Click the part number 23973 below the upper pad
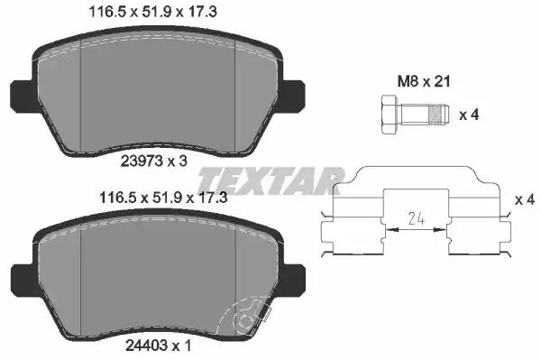click(142, 161)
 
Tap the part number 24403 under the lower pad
click(147, 346)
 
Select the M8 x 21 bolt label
click(424, 82)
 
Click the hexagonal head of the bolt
click(390, 115)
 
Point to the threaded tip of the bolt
click(438, 115)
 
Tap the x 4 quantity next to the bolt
click(469, 115)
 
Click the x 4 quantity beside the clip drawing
click(525, 199)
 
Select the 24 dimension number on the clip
click(416, 218)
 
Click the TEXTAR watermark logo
click(270, 180)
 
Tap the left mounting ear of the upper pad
click(23, 97)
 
